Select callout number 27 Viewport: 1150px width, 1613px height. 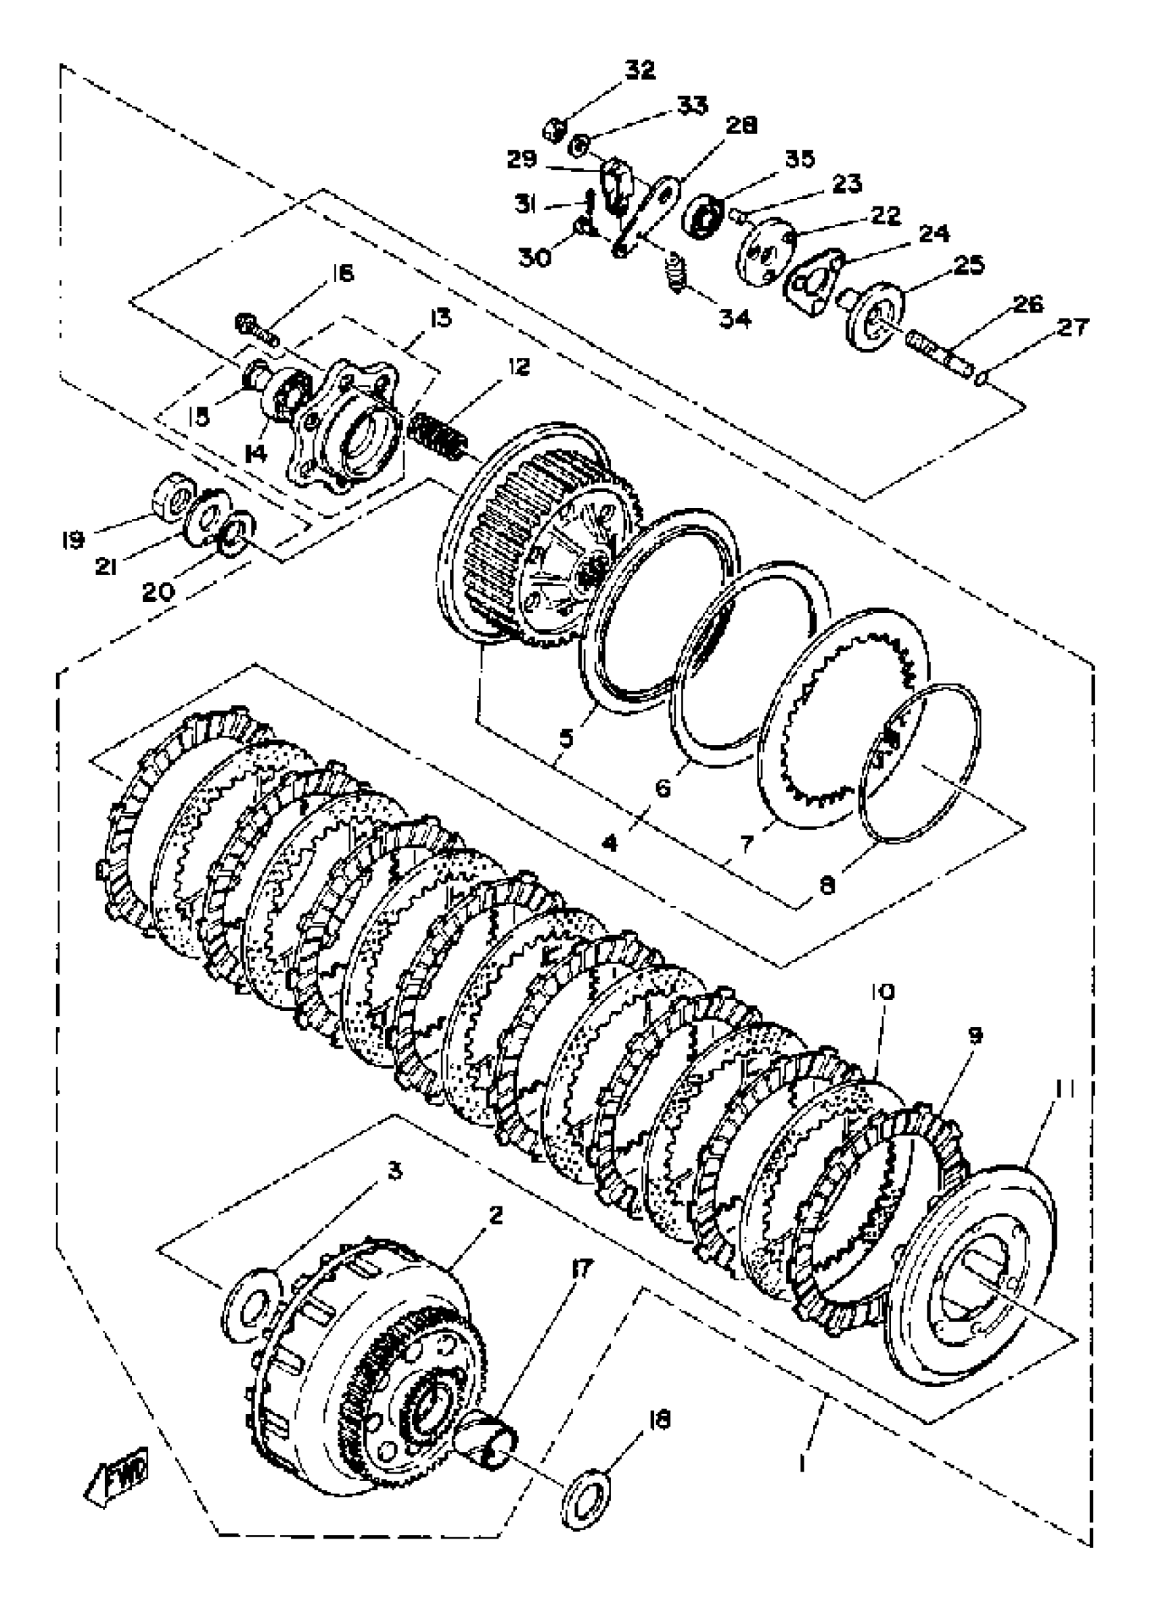[1073, 328]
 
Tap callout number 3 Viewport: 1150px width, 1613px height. [394, 1172]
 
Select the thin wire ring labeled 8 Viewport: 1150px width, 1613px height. [921, 765]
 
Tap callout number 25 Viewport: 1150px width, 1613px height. [969, 265]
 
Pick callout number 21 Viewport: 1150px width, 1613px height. [106, 566]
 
